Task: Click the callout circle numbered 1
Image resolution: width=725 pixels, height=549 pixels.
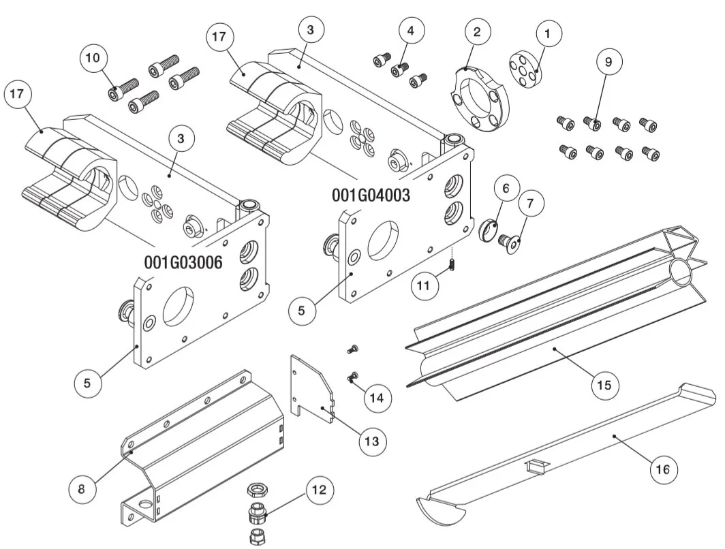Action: pos(549,32)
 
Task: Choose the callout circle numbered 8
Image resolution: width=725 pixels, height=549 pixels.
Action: pos(81,488)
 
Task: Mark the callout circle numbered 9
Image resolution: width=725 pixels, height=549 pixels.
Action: pos(608,61)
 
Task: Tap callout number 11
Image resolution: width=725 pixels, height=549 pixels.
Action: pos(424,286)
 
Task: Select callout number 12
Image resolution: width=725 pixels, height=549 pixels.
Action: pos(320,489)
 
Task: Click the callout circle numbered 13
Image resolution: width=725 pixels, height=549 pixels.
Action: pos(371,441)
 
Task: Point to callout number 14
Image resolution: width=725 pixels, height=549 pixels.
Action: pos(377,397)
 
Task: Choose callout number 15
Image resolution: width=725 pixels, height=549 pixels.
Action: pos(604,385)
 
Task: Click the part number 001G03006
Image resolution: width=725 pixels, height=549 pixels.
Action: pos(183,262)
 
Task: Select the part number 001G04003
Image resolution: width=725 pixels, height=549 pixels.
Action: pos(371,195)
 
